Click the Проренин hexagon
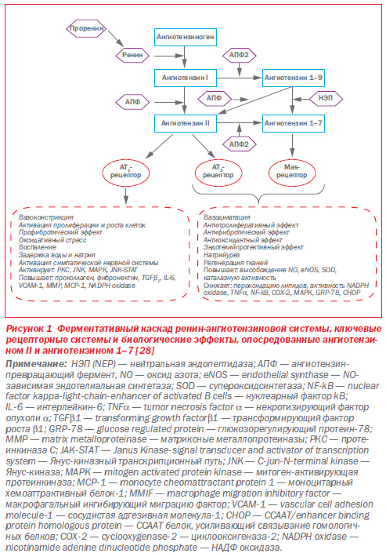[86, 28]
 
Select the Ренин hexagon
[132, 55]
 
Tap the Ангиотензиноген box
[186, 37]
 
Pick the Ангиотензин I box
[186, 78]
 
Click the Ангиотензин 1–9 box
[293, 78]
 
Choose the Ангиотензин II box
[186, 123]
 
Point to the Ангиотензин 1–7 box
[293, 123]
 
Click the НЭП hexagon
[326, 98]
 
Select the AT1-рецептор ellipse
[126, 173]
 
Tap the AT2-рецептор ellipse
[218, 173]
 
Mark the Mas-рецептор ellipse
[292, 173]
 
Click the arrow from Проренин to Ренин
[116, 38]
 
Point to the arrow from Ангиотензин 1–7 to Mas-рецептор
[292, 144]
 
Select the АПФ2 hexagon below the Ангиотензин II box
[239, 144]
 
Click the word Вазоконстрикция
[46, 217]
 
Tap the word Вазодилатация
[227, 217]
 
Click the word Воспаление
[38, 247]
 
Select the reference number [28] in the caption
[145, 350]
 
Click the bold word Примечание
[36, 364]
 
